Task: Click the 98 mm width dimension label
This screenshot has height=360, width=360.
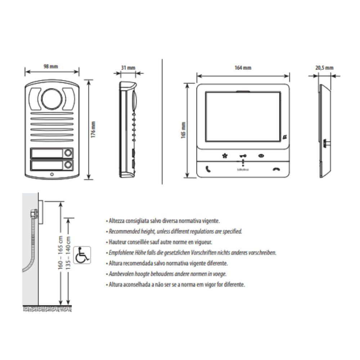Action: (x=51, y=67)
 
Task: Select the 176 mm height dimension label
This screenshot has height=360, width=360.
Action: (x=93, y=130)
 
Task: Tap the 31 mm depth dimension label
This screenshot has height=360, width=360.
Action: (x=128, y=68)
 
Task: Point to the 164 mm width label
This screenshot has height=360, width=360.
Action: (x=243, y=68)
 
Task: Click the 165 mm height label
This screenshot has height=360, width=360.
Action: (x=183, y=130)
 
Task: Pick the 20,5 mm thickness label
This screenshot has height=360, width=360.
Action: (x=324, y=68)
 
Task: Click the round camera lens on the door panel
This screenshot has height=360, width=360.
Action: (x=51, y=99)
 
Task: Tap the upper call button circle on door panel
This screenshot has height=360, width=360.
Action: (x=68, y=153)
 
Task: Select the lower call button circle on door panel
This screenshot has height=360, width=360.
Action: (x=68, y=165)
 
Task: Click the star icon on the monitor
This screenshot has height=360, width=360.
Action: (x=225, y=156)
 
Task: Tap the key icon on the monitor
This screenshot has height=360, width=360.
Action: (x=243, y=156)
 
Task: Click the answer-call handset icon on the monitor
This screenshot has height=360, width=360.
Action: (x=208, y=169)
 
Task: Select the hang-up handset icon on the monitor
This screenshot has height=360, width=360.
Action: (x=276, y=170)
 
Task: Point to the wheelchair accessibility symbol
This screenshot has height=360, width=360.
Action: (x=82, y=255)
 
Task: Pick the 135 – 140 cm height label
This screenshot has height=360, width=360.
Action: (x=68, y=253)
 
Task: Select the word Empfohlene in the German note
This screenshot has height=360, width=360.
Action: (x=121, y=253)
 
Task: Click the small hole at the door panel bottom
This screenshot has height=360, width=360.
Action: (x=52, y=174)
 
